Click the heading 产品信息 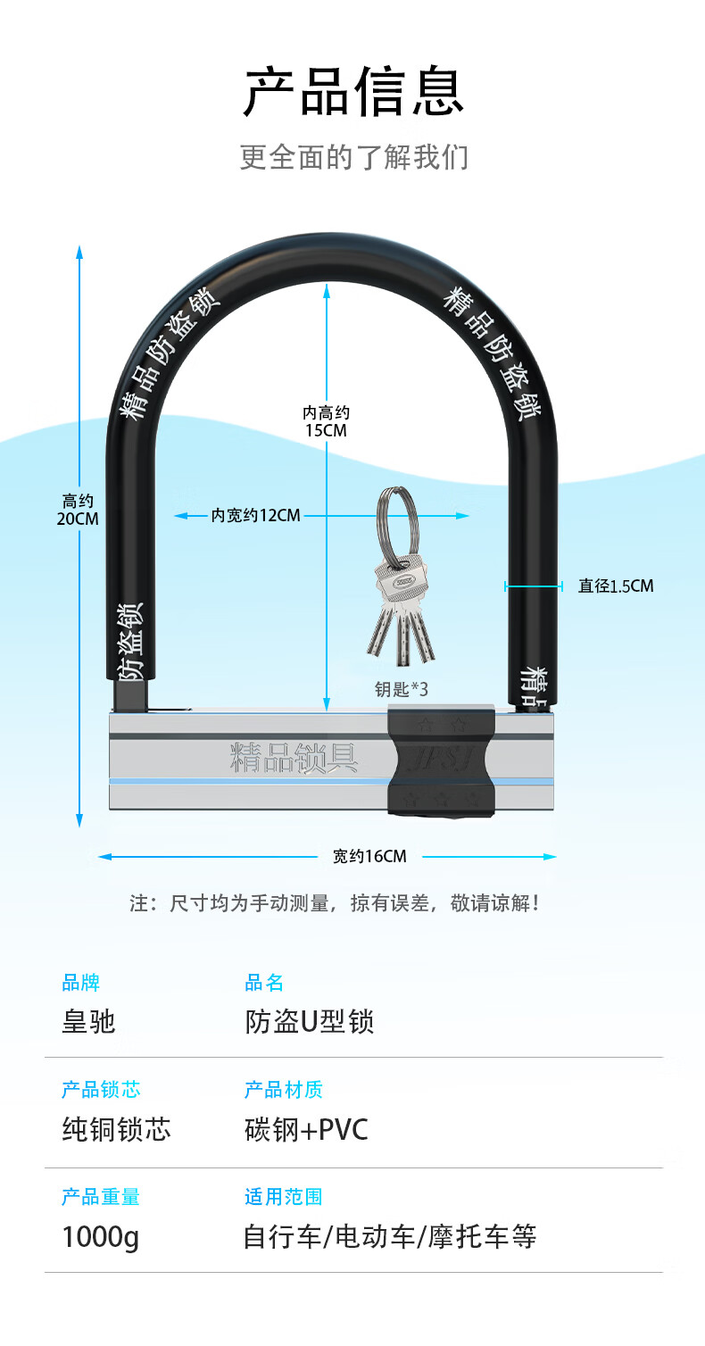point(353,92)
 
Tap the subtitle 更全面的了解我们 point(353,157)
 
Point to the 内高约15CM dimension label point(326,421)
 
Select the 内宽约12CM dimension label point(256,516)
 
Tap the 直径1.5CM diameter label point(615,586)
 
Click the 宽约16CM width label point(369,857)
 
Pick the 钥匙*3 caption point(402,689)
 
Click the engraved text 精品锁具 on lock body point(294,758)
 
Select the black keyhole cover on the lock point(441,760)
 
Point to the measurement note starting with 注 point(335,903)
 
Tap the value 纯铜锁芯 point(116,1130)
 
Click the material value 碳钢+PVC point(306,1130)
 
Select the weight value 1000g point(101,1238)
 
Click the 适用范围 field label point(283,1197)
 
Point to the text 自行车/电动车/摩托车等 point(390,1238)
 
